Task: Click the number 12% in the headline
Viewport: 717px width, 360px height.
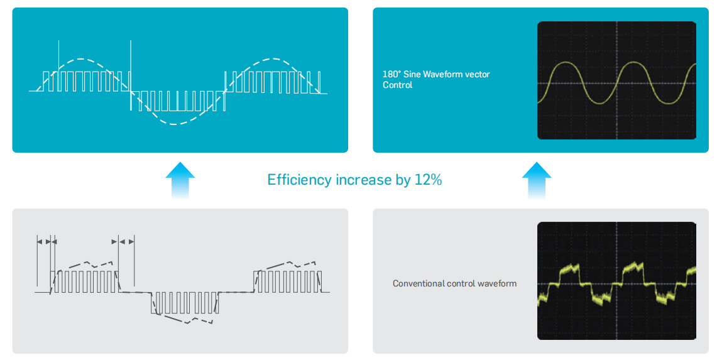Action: [x=428, y=180]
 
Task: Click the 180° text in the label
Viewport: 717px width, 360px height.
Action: [x=391, y=74]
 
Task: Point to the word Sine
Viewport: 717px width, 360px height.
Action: [x=412, y=74]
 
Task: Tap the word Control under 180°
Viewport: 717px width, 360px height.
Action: [x=397, y=85]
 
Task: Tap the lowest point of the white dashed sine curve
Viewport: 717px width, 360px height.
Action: [x=176, y=124]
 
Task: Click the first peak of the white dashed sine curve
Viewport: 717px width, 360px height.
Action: [x=80, y=59]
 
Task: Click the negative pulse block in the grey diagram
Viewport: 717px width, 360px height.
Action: [x=185, y=303]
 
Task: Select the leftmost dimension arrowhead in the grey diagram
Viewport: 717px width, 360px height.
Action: [x=40, y=241]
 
